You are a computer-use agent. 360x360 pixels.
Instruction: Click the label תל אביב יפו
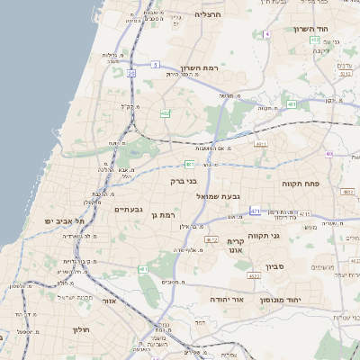(x=58, y=220)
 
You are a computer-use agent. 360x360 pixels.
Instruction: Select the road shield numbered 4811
(x=261, y=142)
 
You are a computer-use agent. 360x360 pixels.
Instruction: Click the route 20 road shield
(x=131, y=73)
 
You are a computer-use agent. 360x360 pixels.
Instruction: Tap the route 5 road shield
(x=155, y=65)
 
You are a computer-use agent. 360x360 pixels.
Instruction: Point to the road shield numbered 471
(x=255, y=211)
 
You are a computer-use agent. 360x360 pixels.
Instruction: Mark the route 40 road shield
(x=328, y=154)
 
